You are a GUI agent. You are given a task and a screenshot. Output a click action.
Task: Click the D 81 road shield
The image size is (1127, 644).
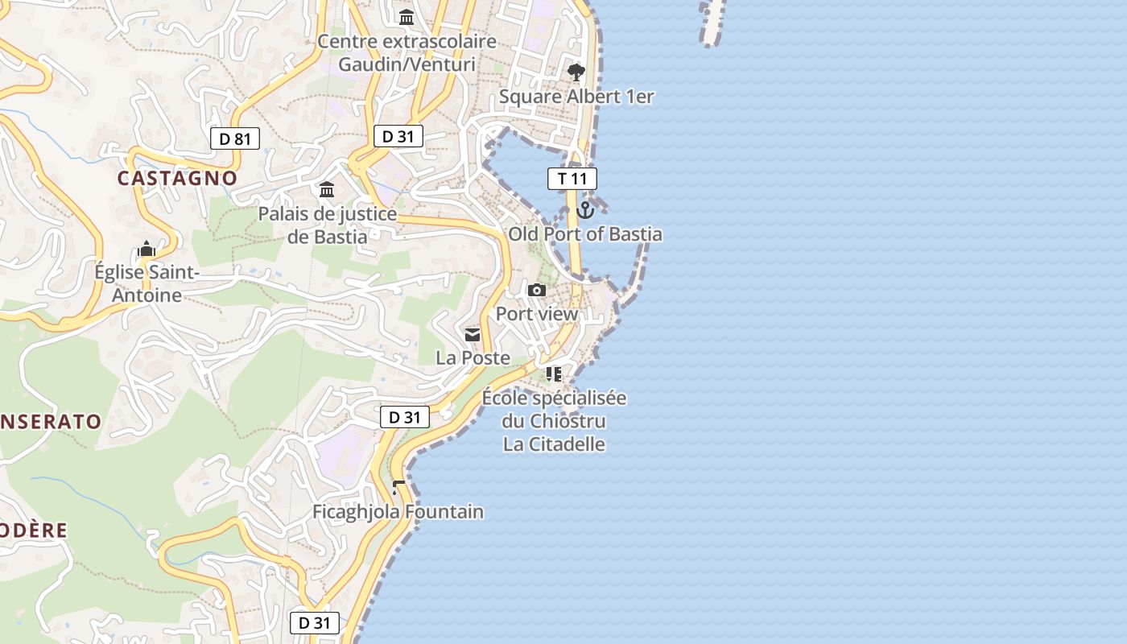pyautogui.click(x=235, y=138)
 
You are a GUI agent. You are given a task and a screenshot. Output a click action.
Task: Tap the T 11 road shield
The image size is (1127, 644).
pyautogui.click(x=572, y=179)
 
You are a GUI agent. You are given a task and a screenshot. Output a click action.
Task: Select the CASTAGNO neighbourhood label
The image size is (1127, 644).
pyautogui.click(x=177, y=179)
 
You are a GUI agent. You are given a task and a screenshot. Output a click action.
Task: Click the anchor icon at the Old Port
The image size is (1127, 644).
pyautogui.click(x=585, y=210)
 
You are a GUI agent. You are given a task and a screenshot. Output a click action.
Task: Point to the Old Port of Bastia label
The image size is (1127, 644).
pyautogui.click(x=585, y=234)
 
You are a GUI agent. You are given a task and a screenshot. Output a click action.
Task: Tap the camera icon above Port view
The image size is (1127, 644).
pyautogui.click(x=537, y=290)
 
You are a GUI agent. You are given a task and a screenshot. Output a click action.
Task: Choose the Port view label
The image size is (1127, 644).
pyautogui.click(x=537, y=314)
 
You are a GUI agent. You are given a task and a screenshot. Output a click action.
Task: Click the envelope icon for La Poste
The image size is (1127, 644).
pyautogui.click(x=473, y=334)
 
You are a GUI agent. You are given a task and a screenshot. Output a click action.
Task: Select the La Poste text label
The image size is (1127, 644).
pyautogui.click(x=473, y=357)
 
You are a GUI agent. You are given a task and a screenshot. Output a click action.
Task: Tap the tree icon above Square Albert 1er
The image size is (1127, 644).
pyautogui.click(x=576, y=72)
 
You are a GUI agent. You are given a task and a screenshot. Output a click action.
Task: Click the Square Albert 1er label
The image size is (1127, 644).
pyautogui.click(x=576, y=97)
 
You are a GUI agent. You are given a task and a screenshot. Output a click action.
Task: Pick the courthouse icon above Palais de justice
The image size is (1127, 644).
pyautogui.click(x=327, y=190)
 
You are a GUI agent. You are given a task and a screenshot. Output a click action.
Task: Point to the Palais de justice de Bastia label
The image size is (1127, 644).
pyautogui.click(x=327, y=225)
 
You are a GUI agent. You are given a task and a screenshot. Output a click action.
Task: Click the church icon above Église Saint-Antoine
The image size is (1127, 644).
pyautogui.click(x=147, y=249)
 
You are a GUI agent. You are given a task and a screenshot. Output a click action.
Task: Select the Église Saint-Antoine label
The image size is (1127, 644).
pyautogui.click(x=147, y=284)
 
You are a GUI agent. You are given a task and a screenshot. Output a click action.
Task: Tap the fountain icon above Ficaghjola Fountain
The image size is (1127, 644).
pyautogui.click(x=398, y=488)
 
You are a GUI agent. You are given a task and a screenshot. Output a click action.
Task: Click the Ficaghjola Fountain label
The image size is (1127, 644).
pyautogui.click(x=398, y=512)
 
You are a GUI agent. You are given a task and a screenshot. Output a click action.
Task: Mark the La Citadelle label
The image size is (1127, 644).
pyautogui.click(x=554, y=444)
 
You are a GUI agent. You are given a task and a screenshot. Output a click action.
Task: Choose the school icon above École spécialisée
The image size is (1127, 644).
pyautogui.click(x=554, y=374)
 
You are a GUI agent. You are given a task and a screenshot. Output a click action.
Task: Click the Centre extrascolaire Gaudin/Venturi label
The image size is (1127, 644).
pyautogui.click(x=407, y=52)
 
